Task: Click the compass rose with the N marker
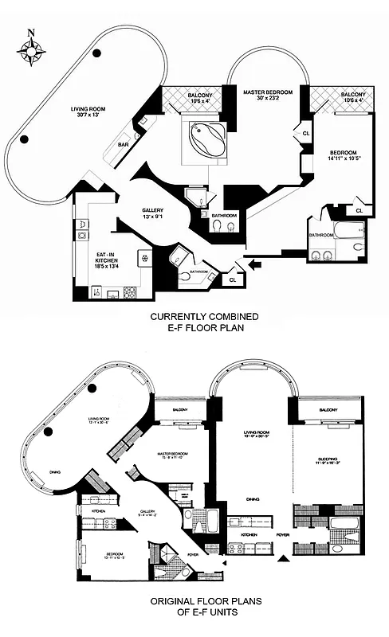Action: point(31,49)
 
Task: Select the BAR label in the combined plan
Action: point(124,146)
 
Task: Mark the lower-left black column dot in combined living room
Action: point(26,140)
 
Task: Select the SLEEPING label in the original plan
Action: point(329,459)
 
